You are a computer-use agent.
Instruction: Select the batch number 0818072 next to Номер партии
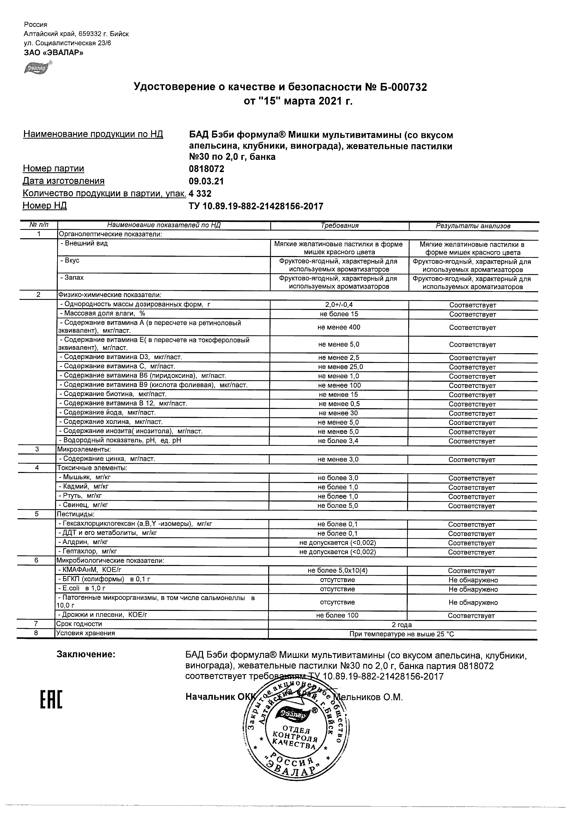pos(207,169)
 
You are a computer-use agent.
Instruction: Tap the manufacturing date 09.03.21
pos(206,181)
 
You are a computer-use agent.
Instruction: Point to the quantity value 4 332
pos(200,194)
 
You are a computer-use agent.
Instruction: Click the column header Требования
pos(340,226)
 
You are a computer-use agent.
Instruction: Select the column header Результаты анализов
pos(473,226)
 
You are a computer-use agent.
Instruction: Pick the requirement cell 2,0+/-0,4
pos(339,305)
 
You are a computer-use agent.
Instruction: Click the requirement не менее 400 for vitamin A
pos(338,327)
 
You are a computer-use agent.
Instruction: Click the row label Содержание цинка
pos(107,459)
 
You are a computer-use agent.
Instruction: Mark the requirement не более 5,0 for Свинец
pos(338,505)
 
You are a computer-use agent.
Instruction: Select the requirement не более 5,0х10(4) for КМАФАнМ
pos(337,570)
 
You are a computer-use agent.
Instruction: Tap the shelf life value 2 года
pos(402,625)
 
